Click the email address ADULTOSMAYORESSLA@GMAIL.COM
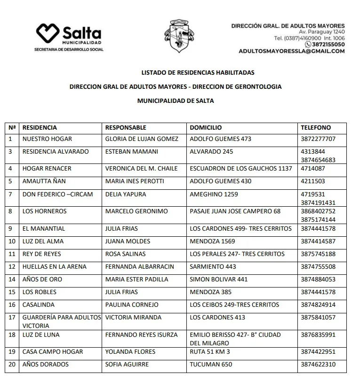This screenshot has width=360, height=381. [291, 51]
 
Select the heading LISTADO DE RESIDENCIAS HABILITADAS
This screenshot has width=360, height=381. [198, 73]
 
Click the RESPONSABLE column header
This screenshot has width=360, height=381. [126, 128]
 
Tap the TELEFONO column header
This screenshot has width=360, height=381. [315, 128]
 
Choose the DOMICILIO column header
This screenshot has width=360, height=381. [206, 128]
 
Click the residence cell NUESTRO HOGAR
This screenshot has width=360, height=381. [47, 139]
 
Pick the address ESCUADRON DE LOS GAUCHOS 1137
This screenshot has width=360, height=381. [240, 169]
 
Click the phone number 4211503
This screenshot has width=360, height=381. [312, 181]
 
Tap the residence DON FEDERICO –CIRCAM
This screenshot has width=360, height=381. [57, 194]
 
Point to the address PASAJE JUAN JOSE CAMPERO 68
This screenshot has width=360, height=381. [235, 211]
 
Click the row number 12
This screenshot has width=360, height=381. [12, 267]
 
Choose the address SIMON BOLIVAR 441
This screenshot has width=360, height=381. [218, 280]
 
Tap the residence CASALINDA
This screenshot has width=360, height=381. [39, 305]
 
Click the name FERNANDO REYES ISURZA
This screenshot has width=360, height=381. [141, 335]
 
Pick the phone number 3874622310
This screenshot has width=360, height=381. [318, 365]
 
